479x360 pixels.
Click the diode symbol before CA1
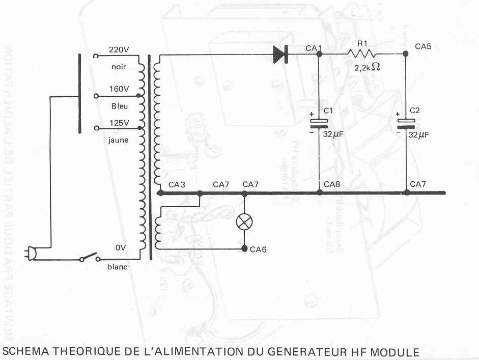click(x=280, y=54)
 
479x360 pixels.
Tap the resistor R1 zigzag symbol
click(x=362, y=54)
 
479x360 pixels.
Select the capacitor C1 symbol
click(x=319, y=122)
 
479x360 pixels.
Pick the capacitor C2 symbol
click(x=406, y=122)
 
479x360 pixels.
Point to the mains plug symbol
click(x=31, y=254)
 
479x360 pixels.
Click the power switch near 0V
click(x=90, y=258)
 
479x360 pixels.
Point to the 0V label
click(x=121, y=248)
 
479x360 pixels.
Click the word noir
click(x=119, y=67)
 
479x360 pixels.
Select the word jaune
click(x=118, y=140)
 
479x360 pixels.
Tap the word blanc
click(x=118, y=267)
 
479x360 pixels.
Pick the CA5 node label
click(x=423, y=46)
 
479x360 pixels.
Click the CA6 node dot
click(x=244, y=249)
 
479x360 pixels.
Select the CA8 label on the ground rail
click(x=331, y=184)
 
